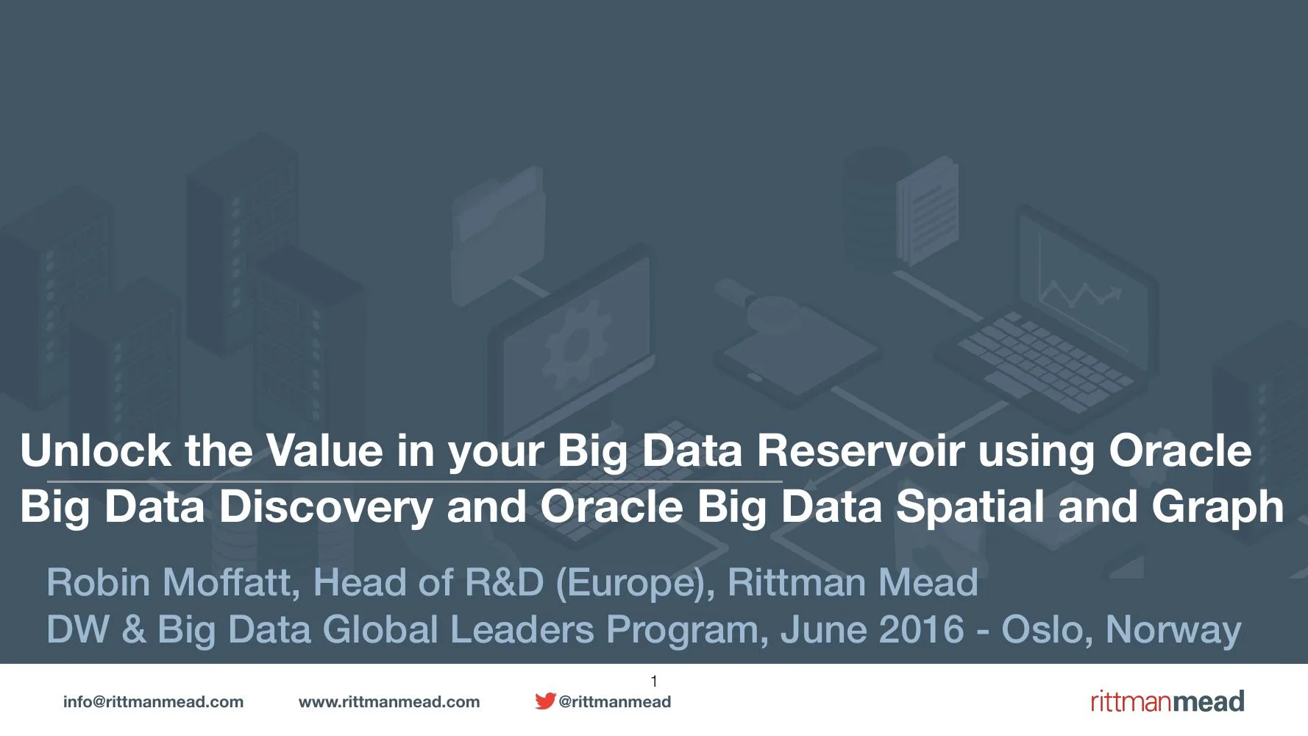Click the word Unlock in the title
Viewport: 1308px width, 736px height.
pyautogui.click(x=95, y=450)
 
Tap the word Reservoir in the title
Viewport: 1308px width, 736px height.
pyautogui.click(x=860, y=450)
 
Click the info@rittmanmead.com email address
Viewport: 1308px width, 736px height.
pyautogui.click(x=153, y=702)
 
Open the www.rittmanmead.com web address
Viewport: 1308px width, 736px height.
pyautogui.click(x=389, y=702)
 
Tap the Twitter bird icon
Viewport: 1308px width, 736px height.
pyautogui.click(x=545, y=701)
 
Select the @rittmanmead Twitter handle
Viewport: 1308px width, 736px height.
pyautogui.click(x=615, y=702)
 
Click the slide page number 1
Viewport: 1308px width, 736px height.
pyautogui.click(x=654, y=682)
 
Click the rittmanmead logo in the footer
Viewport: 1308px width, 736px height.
pyautogui.click(x=1167, y=701)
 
